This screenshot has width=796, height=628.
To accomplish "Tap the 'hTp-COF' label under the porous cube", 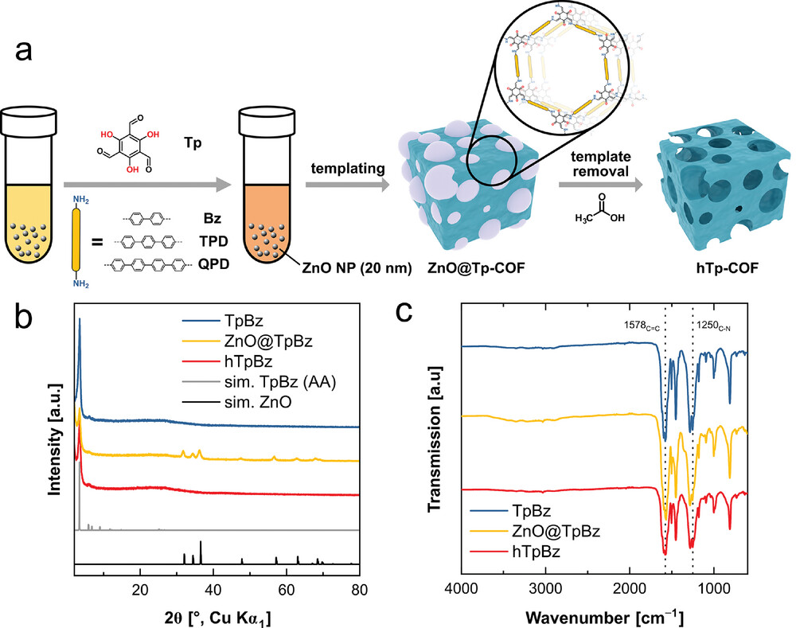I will pyautogui.click(x=720, y=271).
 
